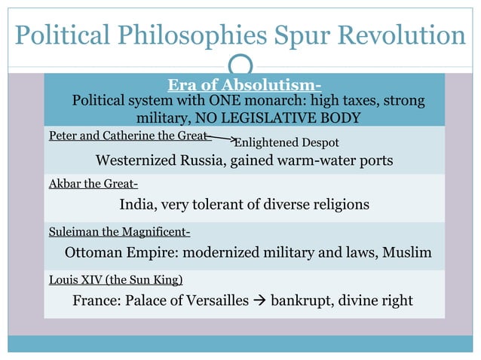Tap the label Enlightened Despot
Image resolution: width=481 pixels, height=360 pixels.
(286, 142)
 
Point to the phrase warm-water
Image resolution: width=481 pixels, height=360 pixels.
(314, 160)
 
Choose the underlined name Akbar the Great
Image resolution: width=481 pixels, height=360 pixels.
(93, 184)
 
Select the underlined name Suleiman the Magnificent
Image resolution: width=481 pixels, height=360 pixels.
(119, 232)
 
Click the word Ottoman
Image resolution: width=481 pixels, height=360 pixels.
(97, 252)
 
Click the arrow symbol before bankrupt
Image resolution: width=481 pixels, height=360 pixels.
(260, 301)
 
